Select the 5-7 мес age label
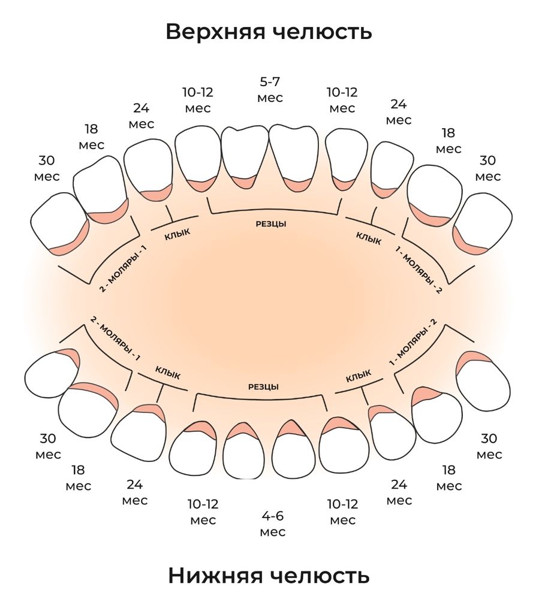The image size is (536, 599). pos(270,89)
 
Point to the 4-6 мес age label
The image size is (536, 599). pos(273,524)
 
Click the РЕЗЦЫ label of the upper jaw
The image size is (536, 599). pos(271,223)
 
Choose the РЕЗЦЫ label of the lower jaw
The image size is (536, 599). pos(263,387)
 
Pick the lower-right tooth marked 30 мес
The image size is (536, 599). pos(483,382)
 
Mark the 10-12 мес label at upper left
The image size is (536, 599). pos(198,100)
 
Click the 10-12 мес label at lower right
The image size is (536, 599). pos(342,512)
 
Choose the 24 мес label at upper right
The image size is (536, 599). pos(399,111)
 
